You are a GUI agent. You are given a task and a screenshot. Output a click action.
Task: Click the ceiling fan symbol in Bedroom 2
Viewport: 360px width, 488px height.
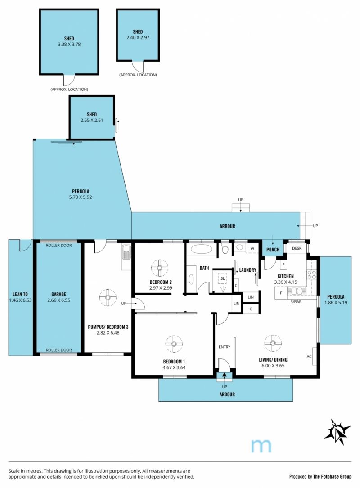coord(160,268)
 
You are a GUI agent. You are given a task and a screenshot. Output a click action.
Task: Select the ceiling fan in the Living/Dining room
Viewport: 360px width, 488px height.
coord(273,343)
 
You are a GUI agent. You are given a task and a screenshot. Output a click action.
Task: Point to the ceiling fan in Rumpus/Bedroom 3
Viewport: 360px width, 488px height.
coord(108,297)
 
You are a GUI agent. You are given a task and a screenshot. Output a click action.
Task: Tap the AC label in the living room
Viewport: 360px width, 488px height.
coord(309,356)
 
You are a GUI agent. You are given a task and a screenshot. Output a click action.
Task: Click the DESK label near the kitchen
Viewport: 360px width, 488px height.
coord(297,248)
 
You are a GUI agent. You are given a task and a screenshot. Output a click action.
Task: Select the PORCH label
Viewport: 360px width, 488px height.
coord(273,250)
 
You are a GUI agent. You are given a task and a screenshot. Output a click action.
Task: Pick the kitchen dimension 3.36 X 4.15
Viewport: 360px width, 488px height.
coord(286,282)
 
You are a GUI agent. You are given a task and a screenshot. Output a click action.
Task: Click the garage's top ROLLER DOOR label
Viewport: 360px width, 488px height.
coord(59,245)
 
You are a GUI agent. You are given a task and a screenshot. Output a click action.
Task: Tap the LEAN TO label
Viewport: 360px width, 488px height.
coord(20,294)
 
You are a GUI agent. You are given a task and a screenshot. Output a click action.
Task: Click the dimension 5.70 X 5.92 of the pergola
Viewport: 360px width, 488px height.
coord(81,197)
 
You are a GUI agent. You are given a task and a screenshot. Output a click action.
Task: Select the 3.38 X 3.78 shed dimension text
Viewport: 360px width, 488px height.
coord(69,44)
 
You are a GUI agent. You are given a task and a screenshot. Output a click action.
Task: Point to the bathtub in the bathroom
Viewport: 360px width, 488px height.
coord(201,249)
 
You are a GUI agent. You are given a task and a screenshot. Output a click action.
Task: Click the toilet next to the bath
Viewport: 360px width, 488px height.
coord(225,249)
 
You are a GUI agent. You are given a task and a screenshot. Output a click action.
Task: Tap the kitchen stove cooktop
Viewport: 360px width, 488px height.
coord(312,274)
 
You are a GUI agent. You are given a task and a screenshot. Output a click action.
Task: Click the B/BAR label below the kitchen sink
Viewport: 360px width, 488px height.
coord(296,302)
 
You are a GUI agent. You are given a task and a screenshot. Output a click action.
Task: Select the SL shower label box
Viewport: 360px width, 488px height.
coord(223,278)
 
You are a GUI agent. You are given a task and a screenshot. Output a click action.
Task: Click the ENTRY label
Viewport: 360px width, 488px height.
coord(225,347)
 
